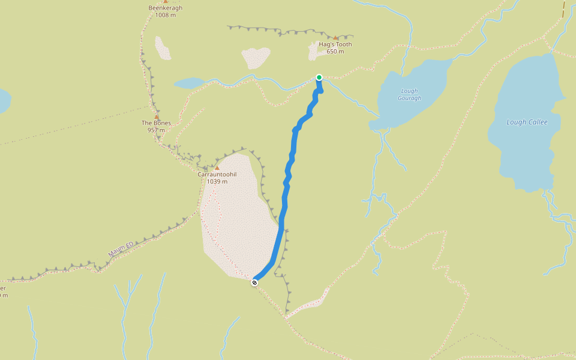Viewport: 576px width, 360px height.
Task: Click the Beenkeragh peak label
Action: pos(165,8)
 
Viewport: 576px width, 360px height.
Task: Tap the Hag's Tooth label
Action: pos(335,44)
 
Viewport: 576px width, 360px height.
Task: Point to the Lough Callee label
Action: pos(527,122)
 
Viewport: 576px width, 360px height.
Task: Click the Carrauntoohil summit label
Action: pos(217,174)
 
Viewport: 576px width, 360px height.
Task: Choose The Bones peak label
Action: pos(156,123)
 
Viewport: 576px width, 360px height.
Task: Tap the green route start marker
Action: pos(319,77)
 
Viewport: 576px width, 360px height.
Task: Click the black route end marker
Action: pos(254,283)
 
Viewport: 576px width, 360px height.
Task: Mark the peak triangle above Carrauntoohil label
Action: pos(217,167)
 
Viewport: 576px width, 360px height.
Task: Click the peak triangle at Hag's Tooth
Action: pos(335,38)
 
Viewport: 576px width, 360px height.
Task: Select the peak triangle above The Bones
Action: pos(157,116)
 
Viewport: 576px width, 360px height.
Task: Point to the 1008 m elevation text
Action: pos(165,15)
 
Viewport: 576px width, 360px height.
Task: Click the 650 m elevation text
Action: pos(335,52)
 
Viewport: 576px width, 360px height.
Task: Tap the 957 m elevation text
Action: pos(156,130)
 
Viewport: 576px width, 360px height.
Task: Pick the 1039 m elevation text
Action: pos(217,181)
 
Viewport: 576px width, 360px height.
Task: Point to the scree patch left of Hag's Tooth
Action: pos(256,58)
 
